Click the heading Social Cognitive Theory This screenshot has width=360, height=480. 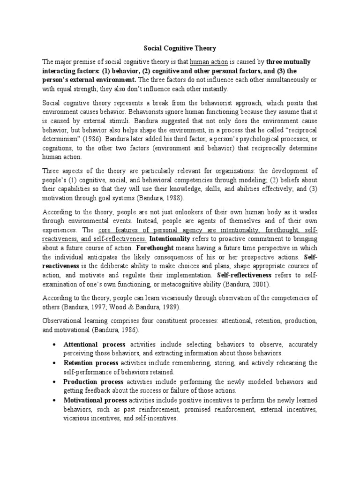(x=180, y=47)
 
